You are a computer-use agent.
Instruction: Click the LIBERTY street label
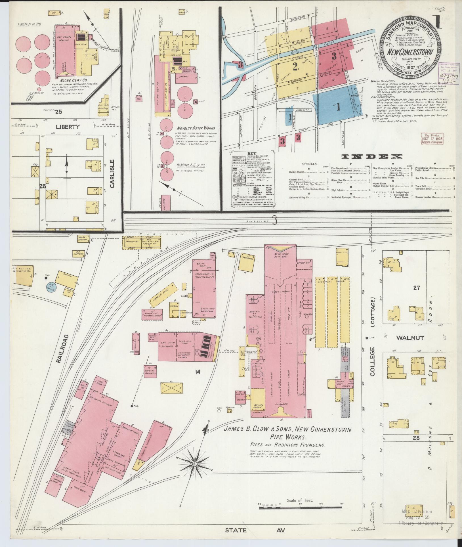(x=68, y=127)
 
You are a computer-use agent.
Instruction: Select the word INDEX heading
(x=372, y=156)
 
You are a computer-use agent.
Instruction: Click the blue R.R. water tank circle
(x=51, y=288)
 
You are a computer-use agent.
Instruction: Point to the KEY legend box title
(x=252, y=153)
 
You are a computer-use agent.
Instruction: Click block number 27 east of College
(x=416, y=288)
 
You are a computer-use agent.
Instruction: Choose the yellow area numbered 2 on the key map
(x=295, y=67)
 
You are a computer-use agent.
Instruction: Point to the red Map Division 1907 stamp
(x=432, y=139)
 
